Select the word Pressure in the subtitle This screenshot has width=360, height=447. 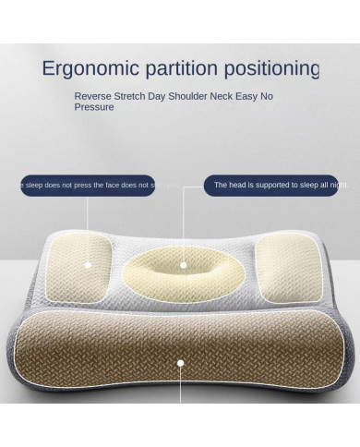coord(94,107)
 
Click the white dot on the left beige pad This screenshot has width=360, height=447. coord(90,262)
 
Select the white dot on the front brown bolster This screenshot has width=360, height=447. coord(181,364)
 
